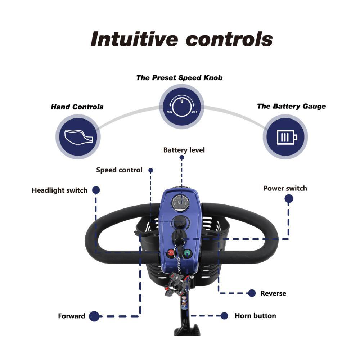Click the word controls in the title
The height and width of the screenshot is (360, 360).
click(x=230, y=39)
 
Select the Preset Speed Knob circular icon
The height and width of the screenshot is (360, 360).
click(x=181, y=106)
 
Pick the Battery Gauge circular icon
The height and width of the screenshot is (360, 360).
click(x=285, y=137)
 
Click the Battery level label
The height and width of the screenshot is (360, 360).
click(x=184, y=150)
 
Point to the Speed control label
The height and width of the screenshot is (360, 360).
click(x=119, y=170)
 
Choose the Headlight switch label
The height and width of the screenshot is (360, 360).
click(x=59, y=190)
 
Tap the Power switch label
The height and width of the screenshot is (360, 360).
click(x=285, y=188)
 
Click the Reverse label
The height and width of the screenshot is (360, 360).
click(x=273, y=293)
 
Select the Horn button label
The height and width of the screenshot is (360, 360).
click(x=255, y=316)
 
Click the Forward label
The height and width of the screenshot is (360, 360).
click(x=72, y=316)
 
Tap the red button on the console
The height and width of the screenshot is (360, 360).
click(x=171, y=253)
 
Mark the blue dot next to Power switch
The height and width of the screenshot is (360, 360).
click(x=288, y=199)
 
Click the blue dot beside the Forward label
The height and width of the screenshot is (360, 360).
click(x=94, y=316)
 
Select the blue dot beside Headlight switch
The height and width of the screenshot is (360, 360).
click(x=96, y=190)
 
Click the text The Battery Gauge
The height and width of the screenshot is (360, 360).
click(x=291, y=106)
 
